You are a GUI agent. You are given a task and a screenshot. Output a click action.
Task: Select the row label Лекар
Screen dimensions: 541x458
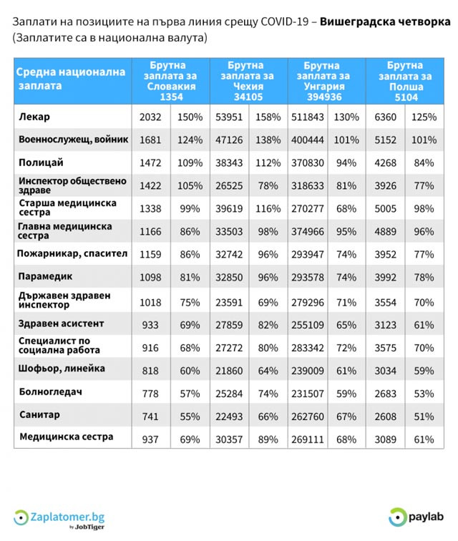coord(35,117)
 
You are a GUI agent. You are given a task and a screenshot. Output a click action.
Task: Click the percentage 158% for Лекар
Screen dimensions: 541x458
coord(268,117)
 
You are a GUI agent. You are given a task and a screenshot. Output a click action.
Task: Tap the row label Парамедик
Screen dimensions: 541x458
coord(45,276)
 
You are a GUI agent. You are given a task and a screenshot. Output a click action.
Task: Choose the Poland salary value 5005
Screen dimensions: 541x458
coord(386,208)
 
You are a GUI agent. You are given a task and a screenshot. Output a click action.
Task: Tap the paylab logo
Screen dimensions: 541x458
coord(418,516)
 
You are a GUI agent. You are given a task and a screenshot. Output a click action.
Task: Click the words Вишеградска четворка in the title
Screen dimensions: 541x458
coord(385,22)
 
